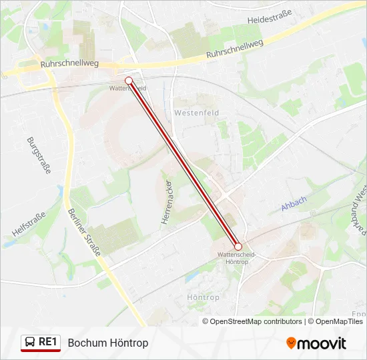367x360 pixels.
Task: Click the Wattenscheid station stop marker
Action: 129,81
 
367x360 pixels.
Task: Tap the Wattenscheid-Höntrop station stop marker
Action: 238,246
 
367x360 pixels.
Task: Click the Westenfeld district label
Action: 192,113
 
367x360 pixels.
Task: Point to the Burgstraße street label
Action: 39,155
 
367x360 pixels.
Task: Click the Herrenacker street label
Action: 167,201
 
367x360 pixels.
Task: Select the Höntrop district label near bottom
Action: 204,297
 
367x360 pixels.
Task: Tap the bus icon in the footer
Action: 30,343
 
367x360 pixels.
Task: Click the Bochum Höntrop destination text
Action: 108,343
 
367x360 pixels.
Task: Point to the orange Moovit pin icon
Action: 291,343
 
